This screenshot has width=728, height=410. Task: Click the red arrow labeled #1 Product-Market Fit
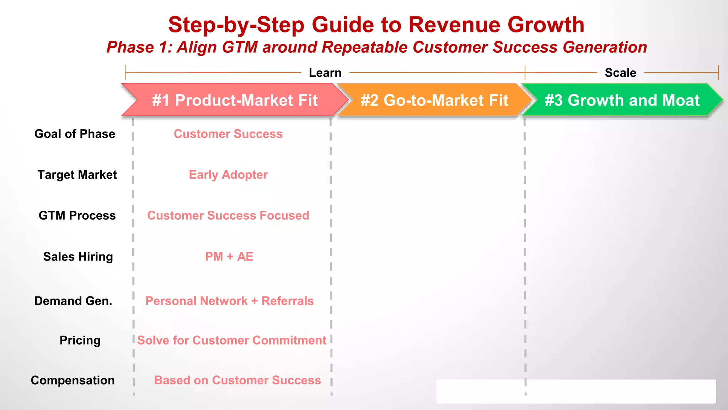[235, 100]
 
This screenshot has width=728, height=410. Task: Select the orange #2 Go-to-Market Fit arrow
[434, 100]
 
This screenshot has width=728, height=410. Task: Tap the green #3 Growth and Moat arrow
[622, 100]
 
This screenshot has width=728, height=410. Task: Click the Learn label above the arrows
[325, 73]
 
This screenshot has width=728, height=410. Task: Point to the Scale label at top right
[620, 73]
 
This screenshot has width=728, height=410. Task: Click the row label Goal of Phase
[75, 134]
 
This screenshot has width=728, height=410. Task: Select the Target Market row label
[77, 175]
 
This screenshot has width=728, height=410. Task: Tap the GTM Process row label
[77, 215]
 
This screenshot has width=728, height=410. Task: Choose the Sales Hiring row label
[78, 257]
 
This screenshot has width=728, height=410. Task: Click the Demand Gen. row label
[73, 301]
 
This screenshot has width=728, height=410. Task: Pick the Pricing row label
[80, 340]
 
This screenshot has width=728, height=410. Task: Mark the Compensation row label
[73, 380]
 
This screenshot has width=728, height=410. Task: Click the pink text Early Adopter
[228, 175]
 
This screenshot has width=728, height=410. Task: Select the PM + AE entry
[229, 257]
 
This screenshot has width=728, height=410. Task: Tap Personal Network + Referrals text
[229, 301]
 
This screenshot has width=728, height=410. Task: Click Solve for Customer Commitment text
[231, 340]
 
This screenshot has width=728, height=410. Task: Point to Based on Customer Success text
[237, 380]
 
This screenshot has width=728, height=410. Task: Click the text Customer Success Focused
[228, 215]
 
